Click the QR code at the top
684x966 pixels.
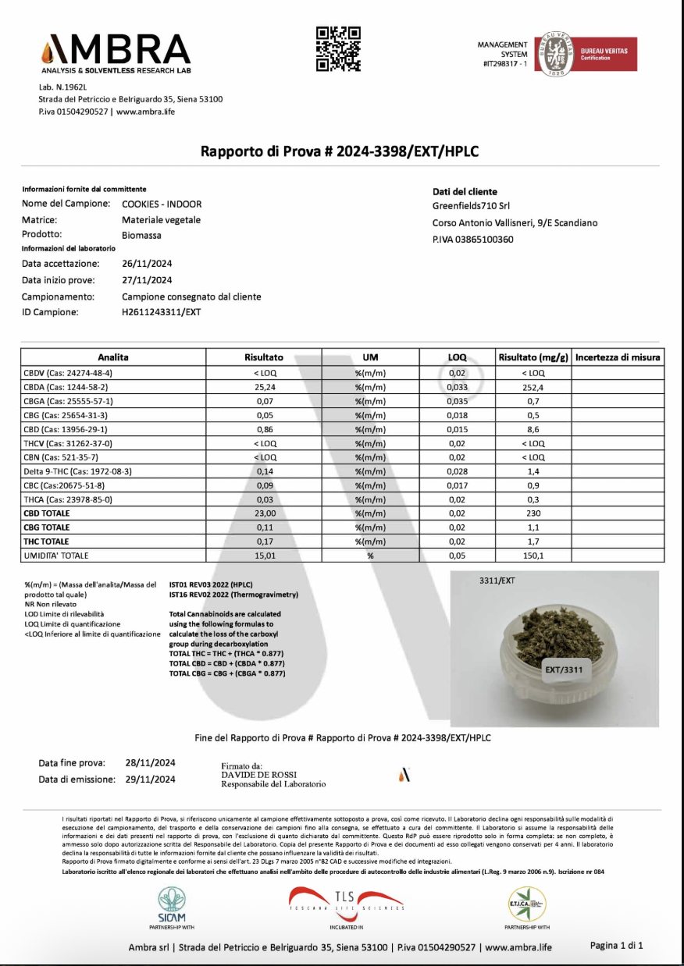pos(338,48)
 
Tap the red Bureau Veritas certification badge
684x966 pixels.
pos(607,55)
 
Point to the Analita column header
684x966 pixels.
pos(113,357)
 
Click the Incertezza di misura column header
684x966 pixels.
pos(618,357)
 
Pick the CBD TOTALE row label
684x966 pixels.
pos(47,513)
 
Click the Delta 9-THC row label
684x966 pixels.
pos(66,471)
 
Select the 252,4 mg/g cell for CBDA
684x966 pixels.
pos(533,387)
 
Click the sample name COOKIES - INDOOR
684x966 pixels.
pos(162,204)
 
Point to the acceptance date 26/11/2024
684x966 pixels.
pos(147,264)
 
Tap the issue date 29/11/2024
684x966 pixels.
pos(150,779)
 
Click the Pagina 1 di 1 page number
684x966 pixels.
pos(616,946)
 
